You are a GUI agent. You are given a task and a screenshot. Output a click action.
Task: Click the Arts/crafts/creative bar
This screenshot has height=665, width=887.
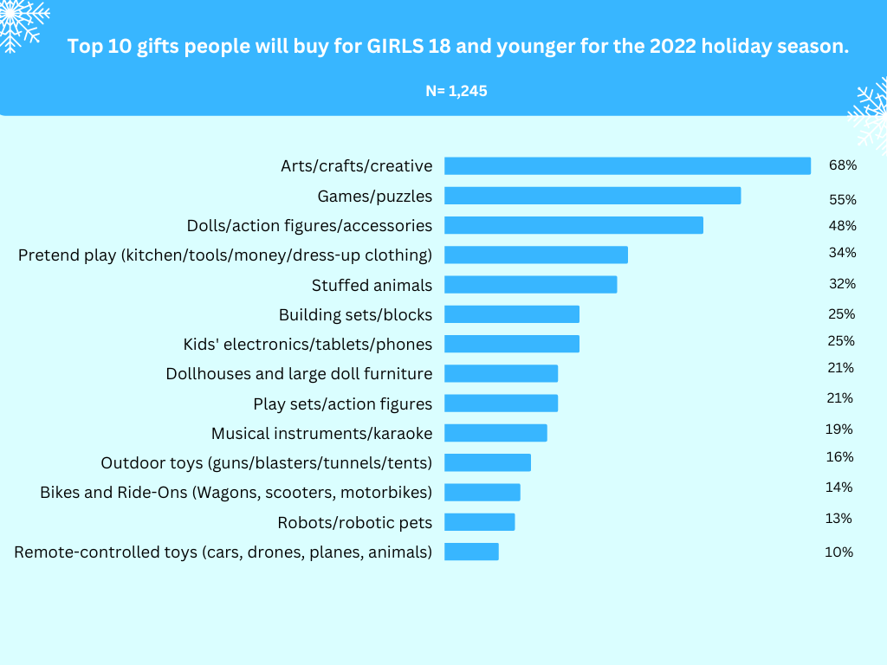[627, 165]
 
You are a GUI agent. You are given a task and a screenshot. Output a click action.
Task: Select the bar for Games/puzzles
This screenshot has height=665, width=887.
[592, 196]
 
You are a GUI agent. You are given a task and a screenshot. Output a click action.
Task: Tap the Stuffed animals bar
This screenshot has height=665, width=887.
[530, 285]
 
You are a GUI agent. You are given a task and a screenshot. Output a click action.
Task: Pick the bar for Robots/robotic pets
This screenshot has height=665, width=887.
[479, 522]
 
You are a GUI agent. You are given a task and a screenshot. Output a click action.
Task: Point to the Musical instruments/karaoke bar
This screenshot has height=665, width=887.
[495, 433]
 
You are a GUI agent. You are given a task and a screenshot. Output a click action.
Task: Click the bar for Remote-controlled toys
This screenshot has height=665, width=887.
[471, 552]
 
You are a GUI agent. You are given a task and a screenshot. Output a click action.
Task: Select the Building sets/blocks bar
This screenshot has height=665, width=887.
[511, 314]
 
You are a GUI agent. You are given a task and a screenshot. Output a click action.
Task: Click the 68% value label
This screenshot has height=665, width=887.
[842, 165]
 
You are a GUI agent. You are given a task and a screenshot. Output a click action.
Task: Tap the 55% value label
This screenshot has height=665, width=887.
[842, 199]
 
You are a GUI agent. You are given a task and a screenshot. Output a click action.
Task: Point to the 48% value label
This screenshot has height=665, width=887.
[842, 226]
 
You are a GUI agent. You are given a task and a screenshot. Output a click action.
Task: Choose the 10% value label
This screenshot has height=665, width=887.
[838, 552]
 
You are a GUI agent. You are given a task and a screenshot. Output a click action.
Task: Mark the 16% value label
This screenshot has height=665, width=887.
[839, 456]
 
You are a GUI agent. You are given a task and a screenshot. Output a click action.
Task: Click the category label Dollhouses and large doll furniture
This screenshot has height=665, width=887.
[299, 374]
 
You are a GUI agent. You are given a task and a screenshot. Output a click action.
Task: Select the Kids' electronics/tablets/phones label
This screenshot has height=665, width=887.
[308, 345]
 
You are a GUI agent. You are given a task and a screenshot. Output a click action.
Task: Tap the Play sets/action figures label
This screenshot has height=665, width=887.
[342, 404]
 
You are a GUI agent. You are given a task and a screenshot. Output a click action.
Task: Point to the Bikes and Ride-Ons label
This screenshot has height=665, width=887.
[236, 493]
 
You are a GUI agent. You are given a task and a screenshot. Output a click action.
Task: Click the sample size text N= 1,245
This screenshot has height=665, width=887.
[456, 90]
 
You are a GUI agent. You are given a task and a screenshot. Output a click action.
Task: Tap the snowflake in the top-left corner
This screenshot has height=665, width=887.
[19, 22]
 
